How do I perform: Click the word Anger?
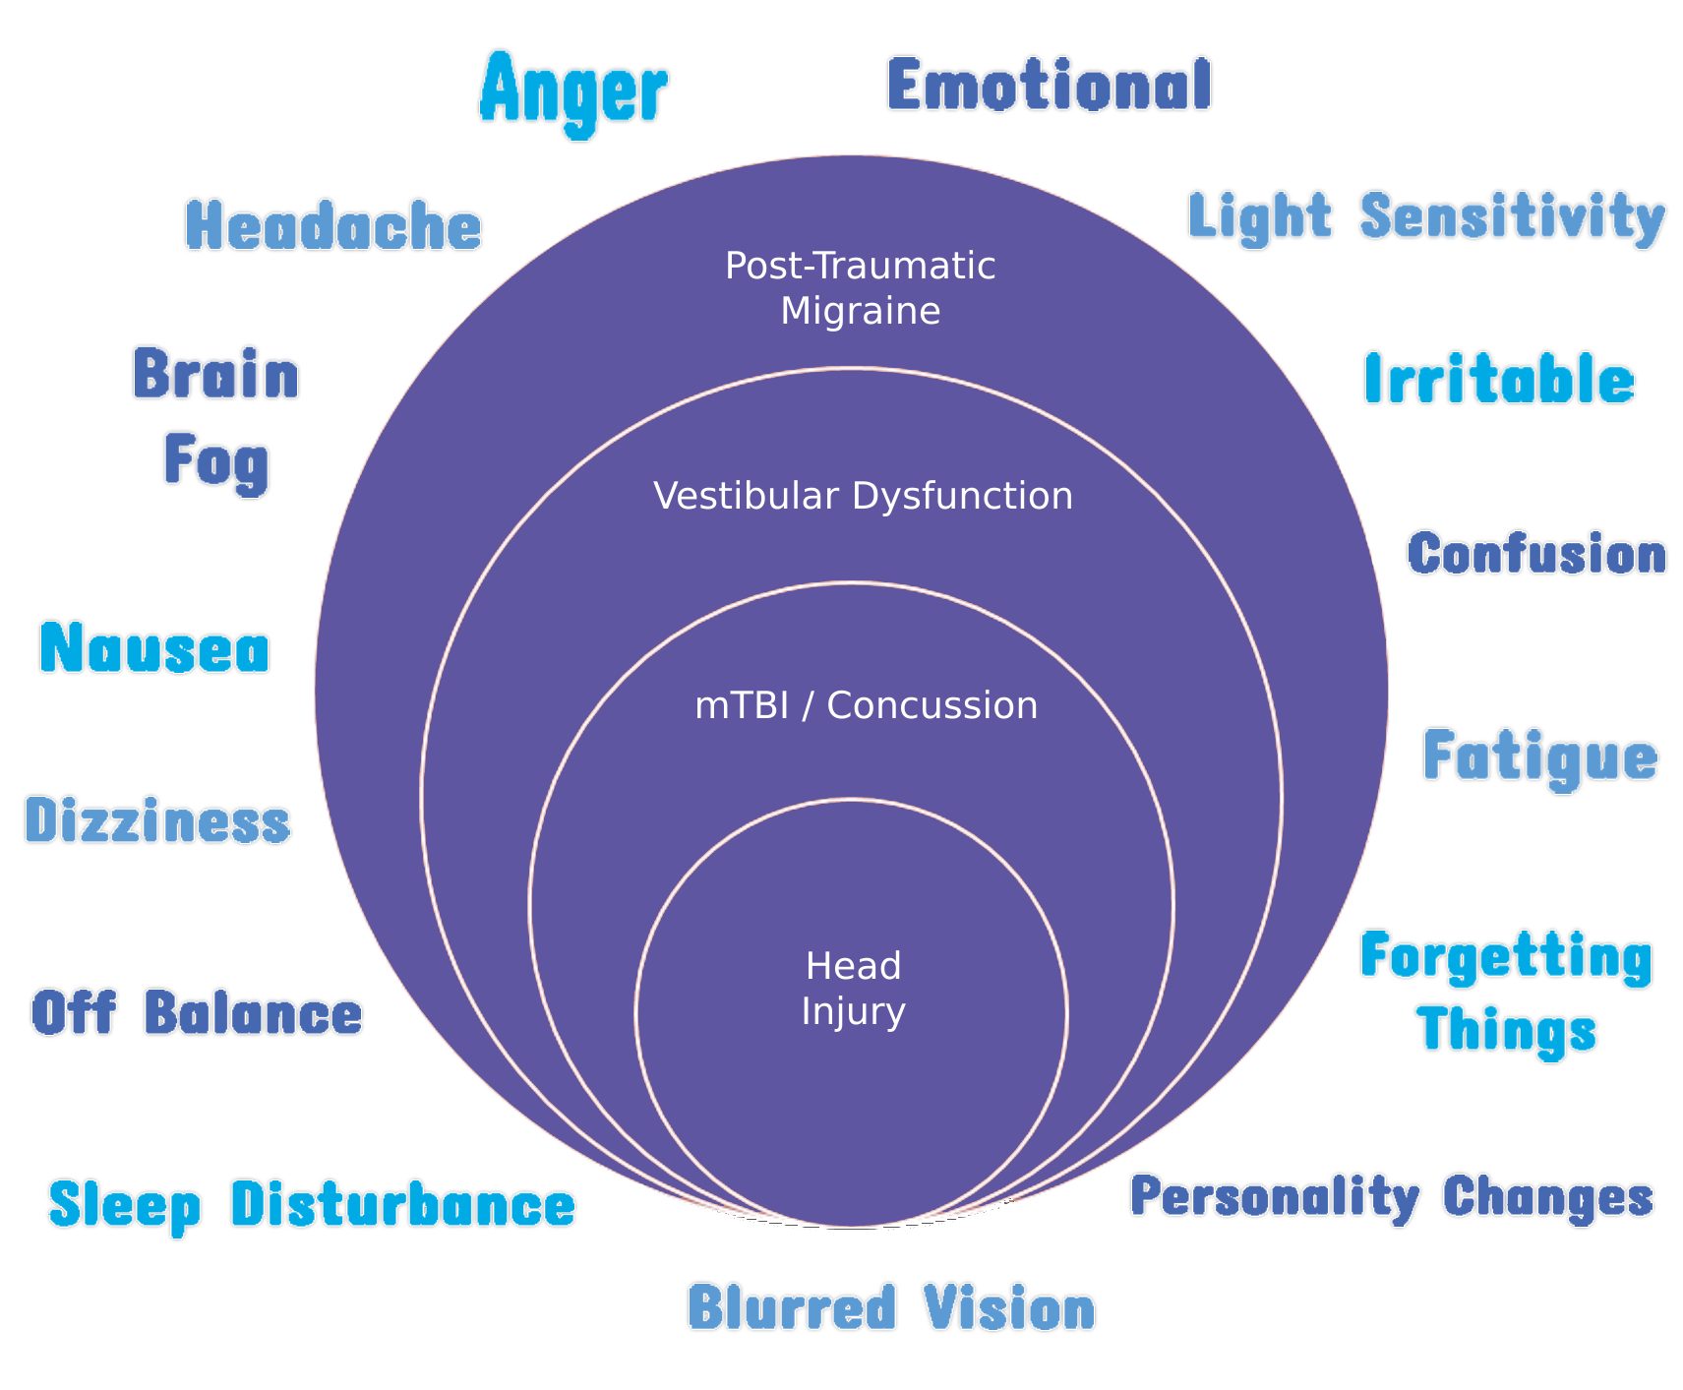[x=573, y=91]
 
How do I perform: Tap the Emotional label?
[x=1049, y=85]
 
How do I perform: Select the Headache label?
[x=333, y=225]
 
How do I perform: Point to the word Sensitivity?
[x=1512, y=216]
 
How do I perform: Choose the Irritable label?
[x=1499, y=380]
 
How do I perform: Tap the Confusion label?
[x=1536, y=554]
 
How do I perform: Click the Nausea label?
[x=154, y=649]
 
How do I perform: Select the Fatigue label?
[x=1540, y=757]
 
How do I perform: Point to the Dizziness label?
[x=157, y=820]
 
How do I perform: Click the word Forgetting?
[x=1506, y=956]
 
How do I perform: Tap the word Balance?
[x=253, y=1013]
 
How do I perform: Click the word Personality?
[x=1274, y=1197]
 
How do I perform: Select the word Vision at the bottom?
[x=1009, y=1308]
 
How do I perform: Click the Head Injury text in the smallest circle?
[x=853, y=988]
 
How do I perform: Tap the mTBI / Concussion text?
[x=866, y=705]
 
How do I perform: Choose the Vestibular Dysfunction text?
[x=863, y=496]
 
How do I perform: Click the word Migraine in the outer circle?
[x=860, y=311]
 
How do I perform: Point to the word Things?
[x=1506, y=1031]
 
